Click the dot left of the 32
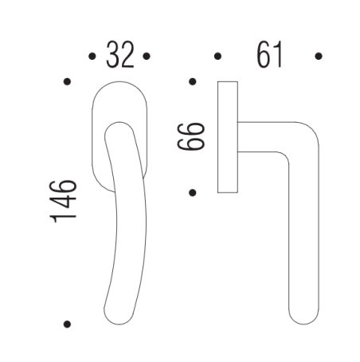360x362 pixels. (x=92, y=57)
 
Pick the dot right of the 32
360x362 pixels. (x=147, y=57)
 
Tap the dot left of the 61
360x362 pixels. (x=217, y=57)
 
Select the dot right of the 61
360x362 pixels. (x=319, y=57)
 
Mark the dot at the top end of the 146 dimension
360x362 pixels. (x=67, y=81)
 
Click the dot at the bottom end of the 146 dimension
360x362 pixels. (x=67, y=324)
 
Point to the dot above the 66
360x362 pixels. (x=192, y=81)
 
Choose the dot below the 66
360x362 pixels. (x=192, y=191)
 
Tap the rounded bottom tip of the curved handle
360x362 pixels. (x=113, y=314)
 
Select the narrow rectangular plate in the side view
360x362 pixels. (x=228, y=136)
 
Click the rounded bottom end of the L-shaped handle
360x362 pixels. (x=303, y=313)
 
